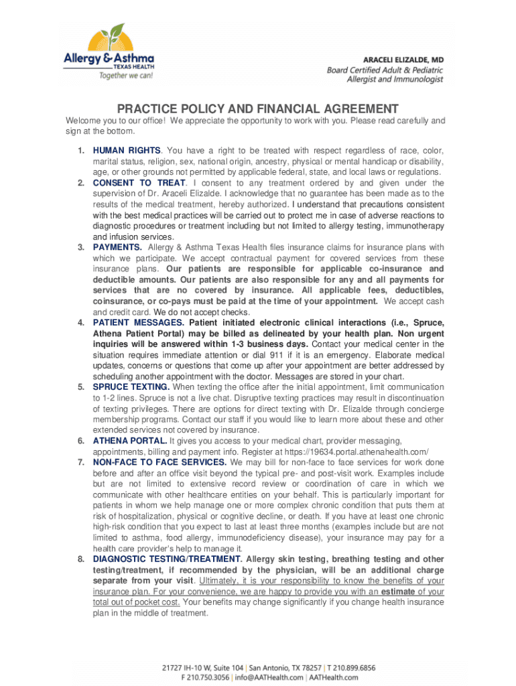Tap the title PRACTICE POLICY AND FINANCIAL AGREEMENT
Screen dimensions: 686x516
click(258, 109)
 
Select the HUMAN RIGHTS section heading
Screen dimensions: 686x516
click(127, 151)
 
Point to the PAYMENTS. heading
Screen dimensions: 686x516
click(117, 247)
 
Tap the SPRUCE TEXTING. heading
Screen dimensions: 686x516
click(131, 387)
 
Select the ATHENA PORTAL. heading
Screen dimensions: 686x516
click(130, 441)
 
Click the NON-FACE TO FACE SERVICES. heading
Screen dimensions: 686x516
click(159, 462)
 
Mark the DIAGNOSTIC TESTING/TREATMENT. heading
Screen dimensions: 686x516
click(168, 559)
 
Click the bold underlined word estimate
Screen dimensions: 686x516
click(398, 592)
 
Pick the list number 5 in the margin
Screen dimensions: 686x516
click(80, 387)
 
